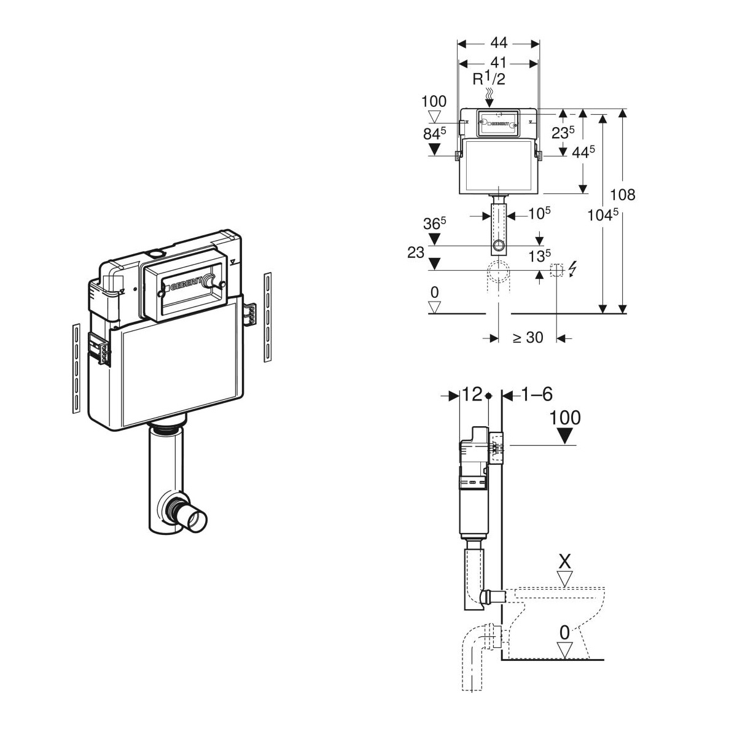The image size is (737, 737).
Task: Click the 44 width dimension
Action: (499, 42)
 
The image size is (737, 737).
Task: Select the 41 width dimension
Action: (499, 63)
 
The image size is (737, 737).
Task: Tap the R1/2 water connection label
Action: (489, 79)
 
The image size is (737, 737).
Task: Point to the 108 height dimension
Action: (622, 195)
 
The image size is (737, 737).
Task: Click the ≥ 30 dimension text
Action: (528, 337)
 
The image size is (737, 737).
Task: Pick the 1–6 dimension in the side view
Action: (537, 394)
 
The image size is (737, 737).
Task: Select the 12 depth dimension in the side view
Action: (472, 394)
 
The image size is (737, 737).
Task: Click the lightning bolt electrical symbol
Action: (573, 269)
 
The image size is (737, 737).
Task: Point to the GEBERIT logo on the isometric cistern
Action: (185, 285)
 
